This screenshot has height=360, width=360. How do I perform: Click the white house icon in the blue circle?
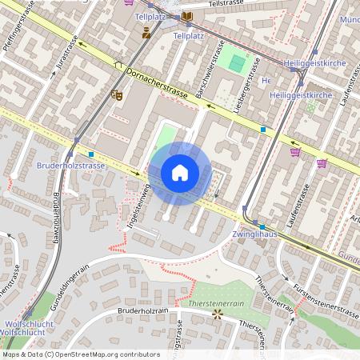click(x=179, y=172)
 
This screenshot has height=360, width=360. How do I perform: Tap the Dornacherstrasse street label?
click(x=156, y=84)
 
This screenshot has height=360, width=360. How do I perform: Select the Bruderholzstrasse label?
click(x=70, y=166)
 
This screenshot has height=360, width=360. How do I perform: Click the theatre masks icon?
click(x=116, y=95)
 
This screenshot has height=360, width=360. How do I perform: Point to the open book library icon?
click(x=187, y=16)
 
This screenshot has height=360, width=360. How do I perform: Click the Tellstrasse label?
click(x=224, y=4)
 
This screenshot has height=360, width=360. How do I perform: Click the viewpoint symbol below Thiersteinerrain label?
click(x=217, y=314)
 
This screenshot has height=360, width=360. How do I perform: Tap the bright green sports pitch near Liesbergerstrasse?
click(x=237, y=62)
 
